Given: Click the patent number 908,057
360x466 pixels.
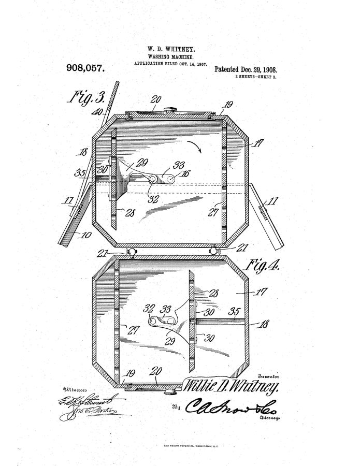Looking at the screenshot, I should click(x=85, y=68).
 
